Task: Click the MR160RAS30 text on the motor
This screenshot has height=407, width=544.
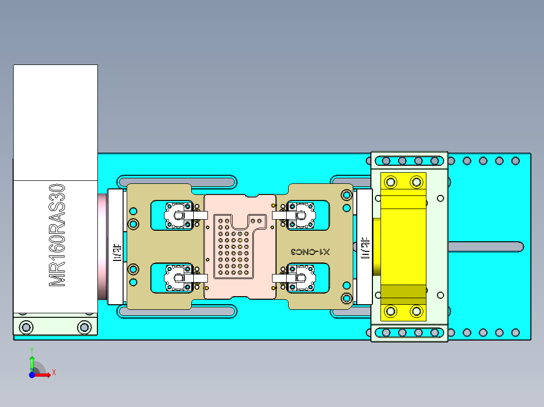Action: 57,235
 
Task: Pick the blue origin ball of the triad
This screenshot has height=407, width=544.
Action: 32,375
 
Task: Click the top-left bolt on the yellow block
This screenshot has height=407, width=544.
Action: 390,181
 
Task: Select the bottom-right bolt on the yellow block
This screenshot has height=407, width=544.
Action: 416,311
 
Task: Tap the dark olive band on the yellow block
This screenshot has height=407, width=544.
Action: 403,292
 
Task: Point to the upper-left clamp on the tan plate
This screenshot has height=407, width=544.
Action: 178,215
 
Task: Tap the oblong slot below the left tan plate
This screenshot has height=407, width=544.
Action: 177,312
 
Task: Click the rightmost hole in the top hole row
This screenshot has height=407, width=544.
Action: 515,161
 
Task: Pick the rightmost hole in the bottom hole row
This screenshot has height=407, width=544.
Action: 515,332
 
